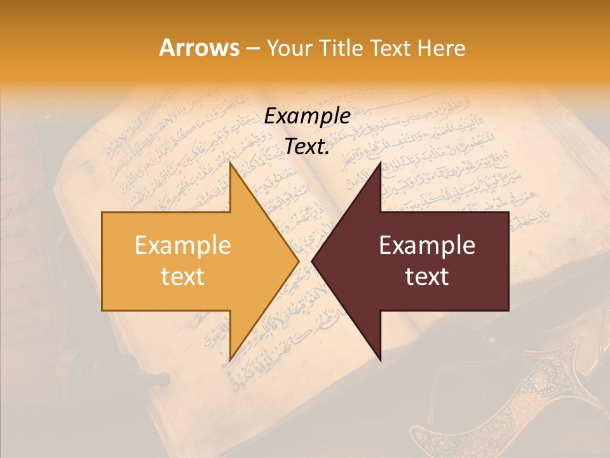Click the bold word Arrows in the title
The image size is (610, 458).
click(200, 48)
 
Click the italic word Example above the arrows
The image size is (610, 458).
click(307, 116)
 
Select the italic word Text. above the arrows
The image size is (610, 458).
click(307, 147)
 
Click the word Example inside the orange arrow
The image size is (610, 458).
click(183, 246)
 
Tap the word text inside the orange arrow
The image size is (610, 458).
click(183, 277)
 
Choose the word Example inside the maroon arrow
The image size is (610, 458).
click(427, 246)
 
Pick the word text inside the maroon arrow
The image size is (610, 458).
click(427, 277)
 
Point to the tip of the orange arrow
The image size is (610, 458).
click(297, 261)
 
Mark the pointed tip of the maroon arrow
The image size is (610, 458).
click(313, 261)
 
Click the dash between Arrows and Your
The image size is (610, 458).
click(251, 48)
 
